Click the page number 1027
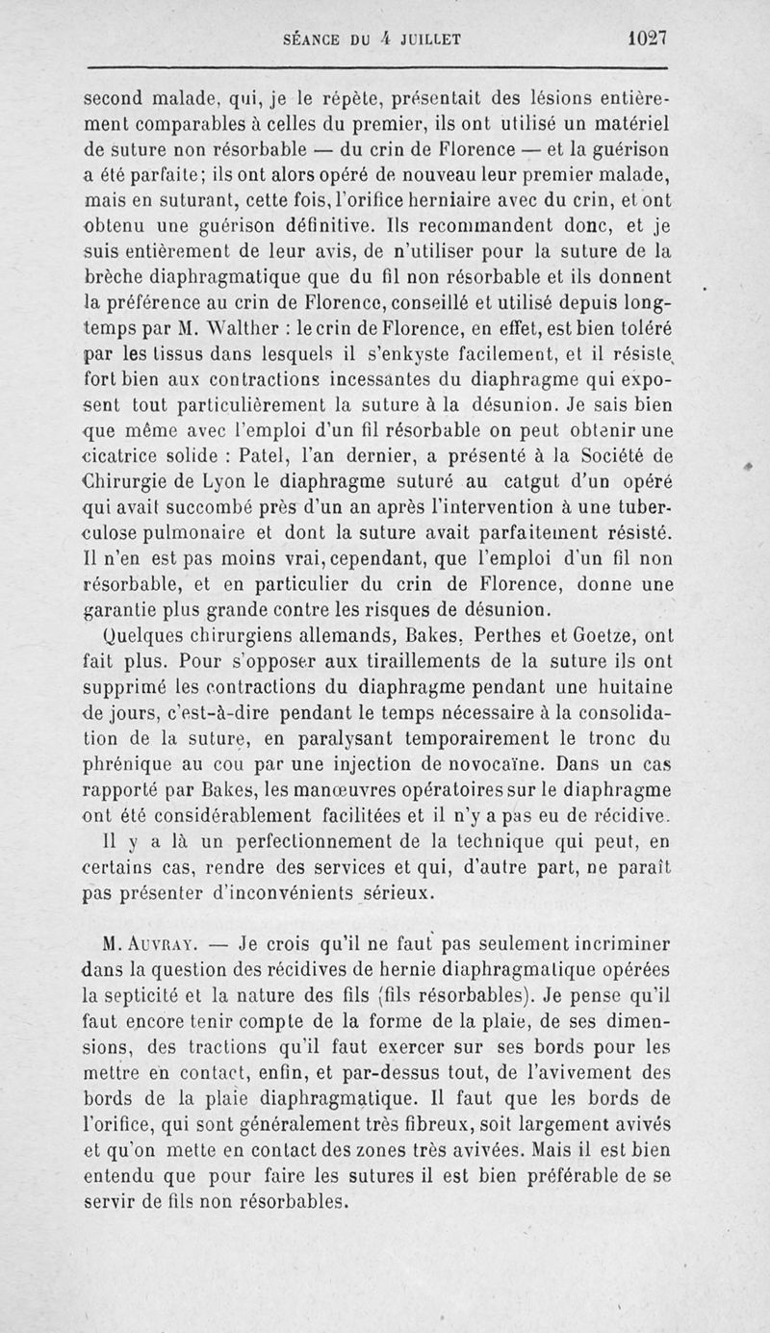(647, 39)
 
